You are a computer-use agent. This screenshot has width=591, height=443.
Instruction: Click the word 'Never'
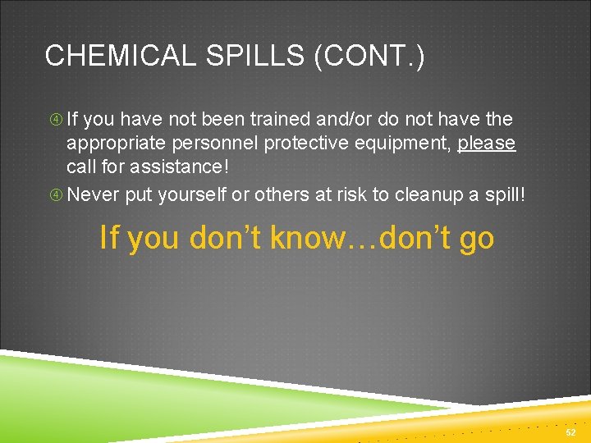coord(92,195)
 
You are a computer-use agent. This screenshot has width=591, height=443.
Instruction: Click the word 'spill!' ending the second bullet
coord(502,195)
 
